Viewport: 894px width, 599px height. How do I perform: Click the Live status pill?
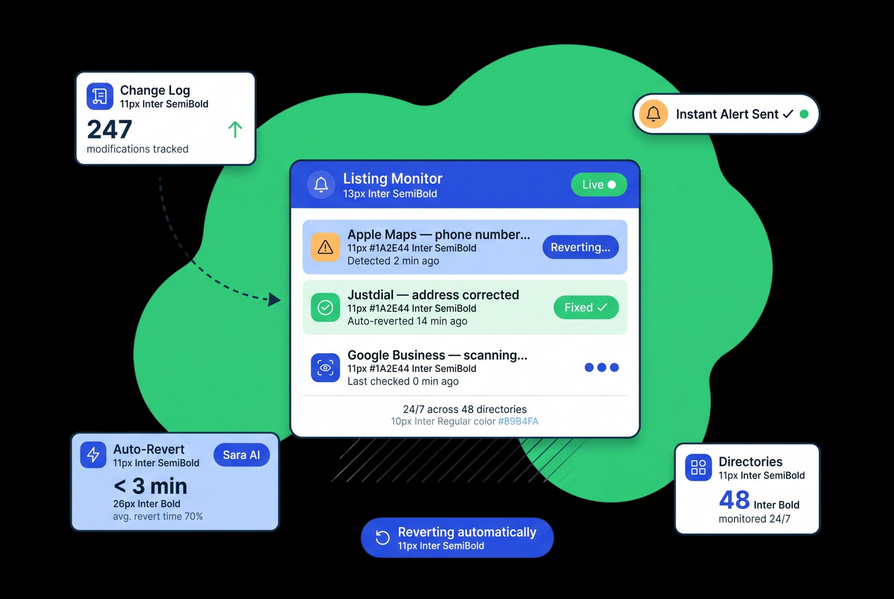click(x=599, y=185)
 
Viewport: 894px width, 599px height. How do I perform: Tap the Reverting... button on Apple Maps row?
click(x=580, y=247)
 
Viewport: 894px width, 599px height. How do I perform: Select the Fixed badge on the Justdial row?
click(x=586, y=307)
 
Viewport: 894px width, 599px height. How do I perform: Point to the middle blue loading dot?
click(x=602, y=367)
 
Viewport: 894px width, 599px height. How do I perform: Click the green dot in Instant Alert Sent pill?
click(x=804, y=114)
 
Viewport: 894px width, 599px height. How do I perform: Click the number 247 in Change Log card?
click(x=110, y=130)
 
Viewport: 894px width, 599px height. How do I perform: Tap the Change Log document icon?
click(x=100, y=96)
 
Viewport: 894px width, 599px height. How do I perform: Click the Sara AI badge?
click(x=242, y=455)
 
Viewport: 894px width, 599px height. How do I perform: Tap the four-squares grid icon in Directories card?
click(x=698, y=467)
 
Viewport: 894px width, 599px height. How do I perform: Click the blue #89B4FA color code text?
click(x=518, y=421)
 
